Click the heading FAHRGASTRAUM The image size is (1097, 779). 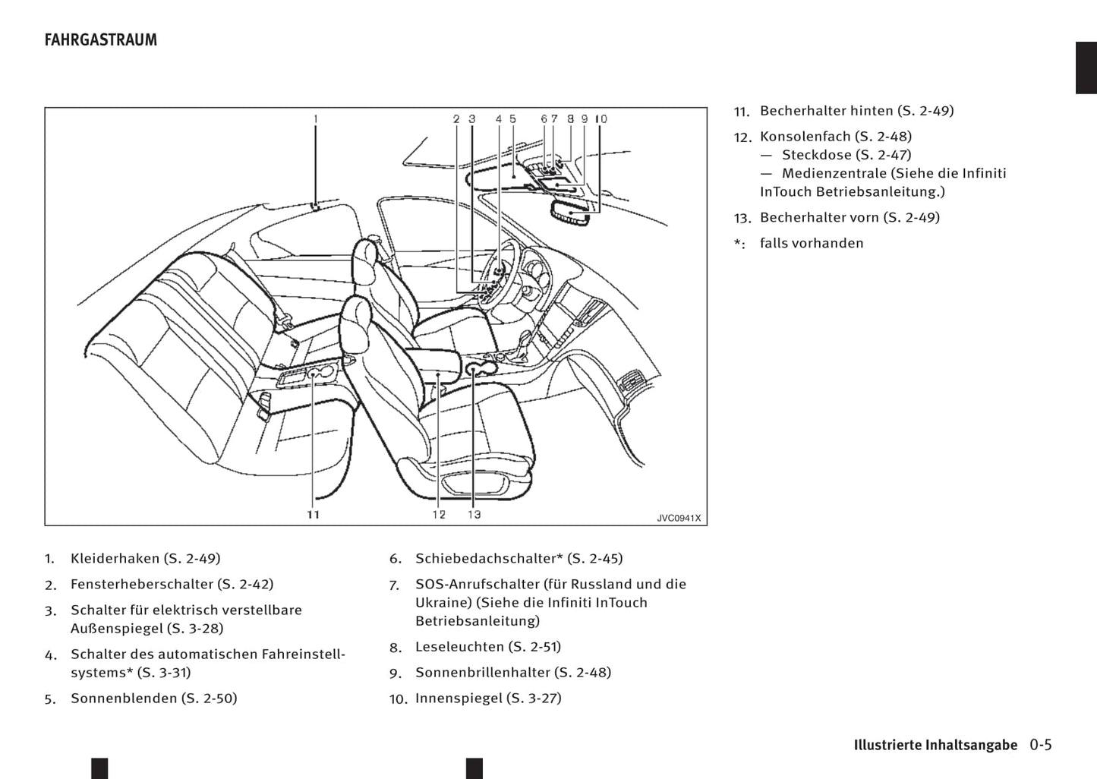pos(101,40)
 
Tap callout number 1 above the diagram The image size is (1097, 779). pos(315,118)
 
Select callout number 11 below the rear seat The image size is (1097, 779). pos(314,514)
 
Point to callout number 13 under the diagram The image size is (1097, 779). pos(474,514)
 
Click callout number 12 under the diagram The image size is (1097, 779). pos(439,514)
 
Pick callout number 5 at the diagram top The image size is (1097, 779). pos(512,118)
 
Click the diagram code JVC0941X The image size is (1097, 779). pos(679,518)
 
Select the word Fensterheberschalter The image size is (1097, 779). pos(142,585)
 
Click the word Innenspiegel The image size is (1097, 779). pos(459,699)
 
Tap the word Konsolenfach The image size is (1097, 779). pos(805,137)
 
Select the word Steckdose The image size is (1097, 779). pos(817,155)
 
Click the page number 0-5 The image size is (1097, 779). pos(1041,745)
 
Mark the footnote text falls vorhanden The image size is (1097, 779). pos(812,244)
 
